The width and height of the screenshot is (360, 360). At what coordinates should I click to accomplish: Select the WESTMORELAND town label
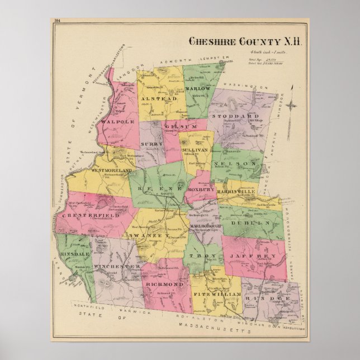tap(111, 170)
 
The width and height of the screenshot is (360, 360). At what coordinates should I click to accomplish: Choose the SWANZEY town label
tap(148, 236)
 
